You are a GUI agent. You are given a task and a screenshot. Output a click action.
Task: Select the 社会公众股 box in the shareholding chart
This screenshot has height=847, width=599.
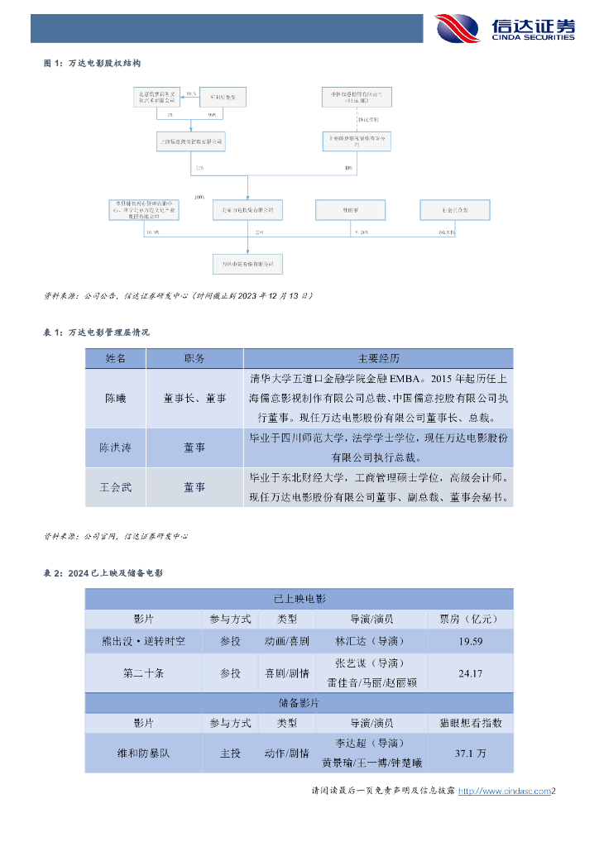click(x=455, y=210)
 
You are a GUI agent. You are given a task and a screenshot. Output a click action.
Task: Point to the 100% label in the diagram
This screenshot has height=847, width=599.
click(x=199, y=198)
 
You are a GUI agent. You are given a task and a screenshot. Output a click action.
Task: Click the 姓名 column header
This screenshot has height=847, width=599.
click(x=115, y=358)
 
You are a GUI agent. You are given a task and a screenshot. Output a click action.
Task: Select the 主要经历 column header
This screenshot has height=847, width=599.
click(x=378, y=358)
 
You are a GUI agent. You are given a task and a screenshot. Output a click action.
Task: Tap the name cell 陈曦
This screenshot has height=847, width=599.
click(x=115, y=398)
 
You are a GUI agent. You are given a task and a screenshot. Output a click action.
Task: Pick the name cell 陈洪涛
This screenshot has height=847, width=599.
click(x=115, y=447)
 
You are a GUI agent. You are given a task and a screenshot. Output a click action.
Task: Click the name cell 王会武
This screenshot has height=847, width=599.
click(x=115, y=488)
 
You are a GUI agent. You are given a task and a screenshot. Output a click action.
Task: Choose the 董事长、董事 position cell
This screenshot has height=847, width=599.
click(x=194, y=398)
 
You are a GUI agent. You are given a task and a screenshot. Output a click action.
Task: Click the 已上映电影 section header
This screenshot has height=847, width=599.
click(x=299, y=598)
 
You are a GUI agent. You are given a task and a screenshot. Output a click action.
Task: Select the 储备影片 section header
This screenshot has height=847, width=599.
click(x=299, y=702)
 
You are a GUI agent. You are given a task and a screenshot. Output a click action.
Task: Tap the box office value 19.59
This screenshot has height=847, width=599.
click(x=469, y=640)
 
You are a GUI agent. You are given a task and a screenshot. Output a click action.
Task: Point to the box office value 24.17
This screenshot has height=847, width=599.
click(x=469, y=673)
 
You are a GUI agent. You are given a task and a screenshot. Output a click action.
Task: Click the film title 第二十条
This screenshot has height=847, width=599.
click(x=143, y=673)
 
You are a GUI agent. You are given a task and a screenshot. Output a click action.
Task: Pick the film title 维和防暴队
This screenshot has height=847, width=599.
click(x=143, y=754)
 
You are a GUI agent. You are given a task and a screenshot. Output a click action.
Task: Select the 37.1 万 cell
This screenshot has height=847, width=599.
click(x=469, y=754)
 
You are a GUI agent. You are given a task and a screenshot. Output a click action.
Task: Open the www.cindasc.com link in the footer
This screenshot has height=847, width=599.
click(x=504, y=792)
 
